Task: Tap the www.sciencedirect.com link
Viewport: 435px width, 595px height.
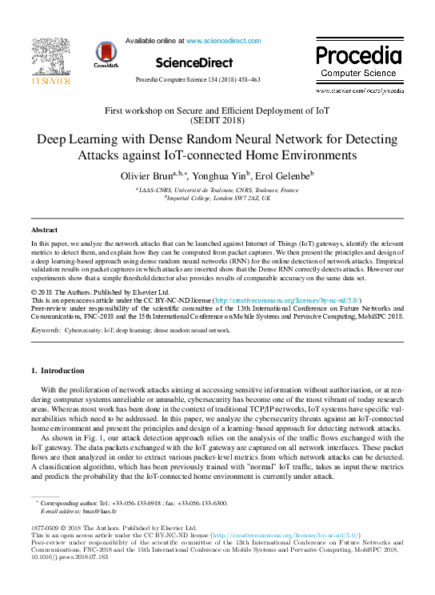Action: pyautogui.click(x=221, y=39)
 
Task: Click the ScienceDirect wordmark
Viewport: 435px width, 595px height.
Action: pyautogui.click(x=194, y=62)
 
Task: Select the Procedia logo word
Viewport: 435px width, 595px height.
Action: pyautogui.click(x=358, y=56)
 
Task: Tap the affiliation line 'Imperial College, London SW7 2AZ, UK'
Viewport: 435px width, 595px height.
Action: pyautogui.click(x=218, y=197)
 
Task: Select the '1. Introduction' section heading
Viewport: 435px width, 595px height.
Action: pyautogui.click(x=57, y=371)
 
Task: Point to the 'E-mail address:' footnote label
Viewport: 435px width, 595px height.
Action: pyautogui.click(x=62, y=510)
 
